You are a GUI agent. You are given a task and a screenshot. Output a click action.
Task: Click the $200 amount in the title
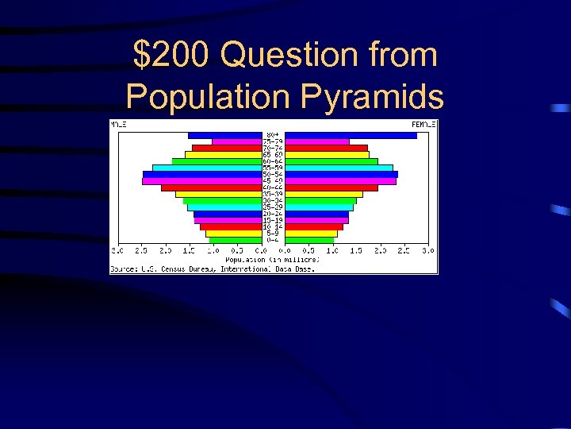click(x=172, y=56)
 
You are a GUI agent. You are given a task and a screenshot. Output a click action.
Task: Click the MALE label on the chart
click(x=118, y=125)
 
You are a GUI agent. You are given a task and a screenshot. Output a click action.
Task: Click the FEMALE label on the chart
click(x=423, y=125)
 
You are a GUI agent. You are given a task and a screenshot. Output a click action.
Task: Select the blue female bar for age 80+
click(x=351, y=136)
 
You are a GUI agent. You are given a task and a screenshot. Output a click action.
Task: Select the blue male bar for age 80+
click(x=224, y=136)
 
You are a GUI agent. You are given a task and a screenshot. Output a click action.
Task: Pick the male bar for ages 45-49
click(x=201, y=181)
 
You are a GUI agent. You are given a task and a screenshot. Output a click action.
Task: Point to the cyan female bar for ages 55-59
click(x=339, y=168)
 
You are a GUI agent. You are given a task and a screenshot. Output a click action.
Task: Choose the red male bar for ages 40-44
click(x=211, y=187)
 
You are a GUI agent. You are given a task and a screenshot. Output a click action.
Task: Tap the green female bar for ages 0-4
click(x=309, y=240)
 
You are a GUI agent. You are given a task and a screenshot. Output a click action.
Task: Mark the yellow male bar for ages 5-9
click(x=233, y=234)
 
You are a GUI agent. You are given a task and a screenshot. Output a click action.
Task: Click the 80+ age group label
click(x=273, y=135)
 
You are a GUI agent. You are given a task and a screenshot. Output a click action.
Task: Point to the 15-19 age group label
click(x=273, y=220)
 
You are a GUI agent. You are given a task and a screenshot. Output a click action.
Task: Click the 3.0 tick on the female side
click(x=427, y=250)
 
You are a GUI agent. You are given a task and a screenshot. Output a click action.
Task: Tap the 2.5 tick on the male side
click(x=141, y=250)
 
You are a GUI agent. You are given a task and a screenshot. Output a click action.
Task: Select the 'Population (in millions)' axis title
click(x=273, y=260)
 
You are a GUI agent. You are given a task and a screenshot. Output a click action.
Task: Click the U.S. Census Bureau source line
click(x=213, y=269)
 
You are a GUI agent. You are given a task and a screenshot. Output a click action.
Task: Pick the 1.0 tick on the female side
click(x=331, y=250)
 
